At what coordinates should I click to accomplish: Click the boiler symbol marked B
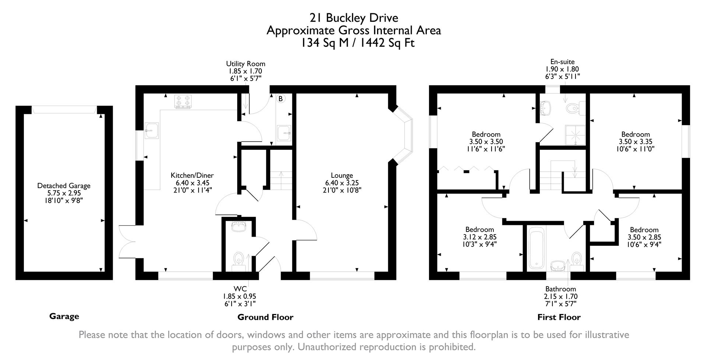[281, 99]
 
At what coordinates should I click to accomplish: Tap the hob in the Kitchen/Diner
[183, 102]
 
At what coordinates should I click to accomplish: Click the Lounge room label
[342, 176]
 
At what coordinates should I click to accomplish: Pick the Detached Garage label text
[64, 186]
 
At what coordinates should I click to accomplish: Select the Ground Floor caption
[265, 317]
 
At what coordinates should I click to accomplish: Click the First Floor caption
[559, 317]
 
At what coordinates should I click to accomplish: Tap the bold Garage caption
[64, 316]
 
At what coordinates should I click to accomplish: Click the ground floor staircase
[282, 180]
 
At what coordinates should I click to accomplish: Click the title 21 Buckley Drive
[353, 18]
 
